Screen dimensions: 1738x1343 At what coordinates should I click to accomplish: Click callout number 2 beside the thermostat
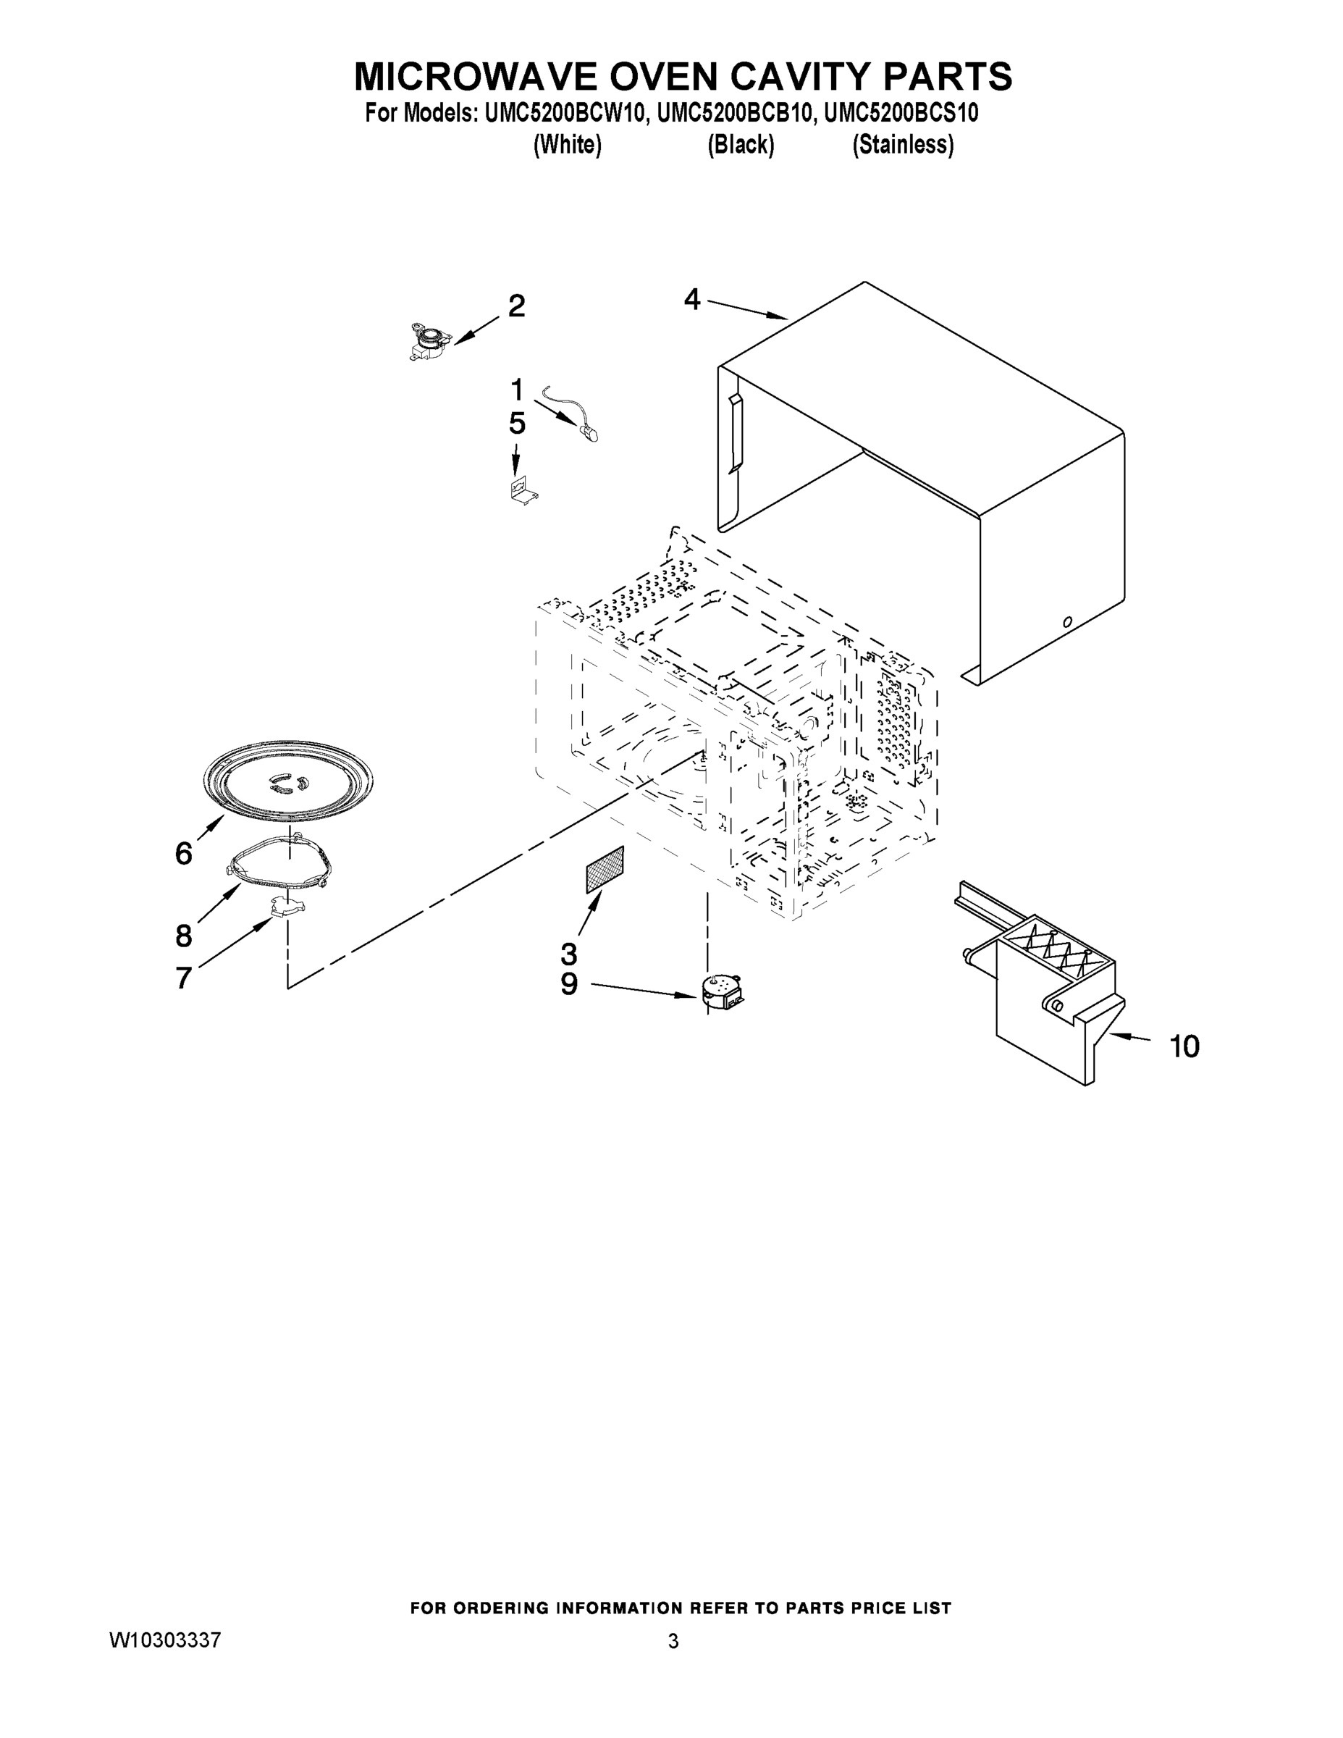pyautogui.click(x=516, y=306)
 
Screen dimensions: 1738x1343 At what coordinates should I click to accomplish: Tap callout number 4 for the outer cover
pyautogui.click(x=692, y=300)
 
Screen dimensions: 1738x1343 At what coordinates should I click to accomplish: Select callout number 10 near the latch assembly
pyautogui.click(x=1184, y=1046)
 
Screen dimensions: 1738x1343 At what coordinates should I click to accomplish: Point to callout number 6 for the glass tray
pyautogui.click(x=184, y=854)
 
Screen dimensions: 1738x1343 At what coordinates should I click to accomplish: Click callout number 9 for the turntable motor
pyautogui.click(x=569, y=984)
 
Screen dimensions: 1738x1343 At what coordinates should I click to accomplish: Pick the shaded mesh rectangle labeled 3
pyautogui.click(x=605, y=870)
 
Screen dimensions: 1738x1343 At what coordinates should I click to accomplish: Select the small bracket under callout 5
pyautogui.click(x=522, y=490)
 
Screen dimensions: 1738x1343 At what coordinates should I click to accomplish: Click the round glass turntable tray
pyautogui.click(x=288, y=780)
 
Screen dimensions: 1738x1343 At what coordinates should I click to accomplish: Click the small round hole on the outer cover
pyautogui.click(x=1068, y=621)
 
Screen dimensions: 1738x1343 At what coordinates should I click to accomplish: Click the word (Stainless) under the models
pyautogui.click(x=903, y=145)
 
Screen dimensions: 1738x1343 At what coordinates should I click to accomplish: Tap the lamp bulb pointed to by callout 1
pyautogui.click(x=589, y=433)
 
